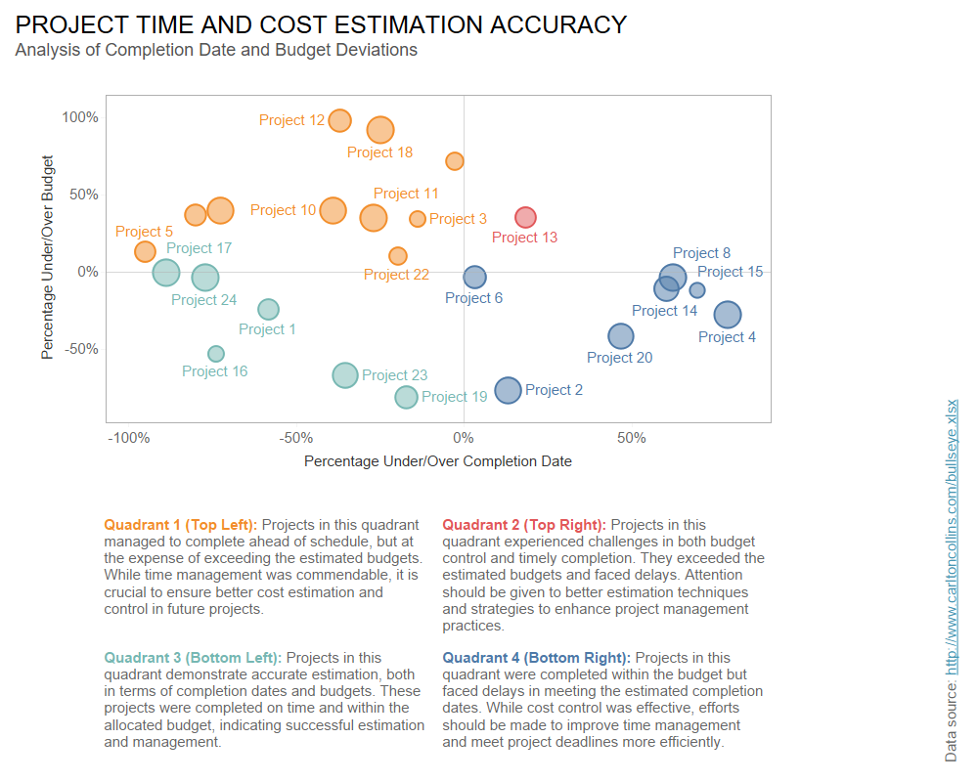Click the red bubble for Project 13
(526, 217)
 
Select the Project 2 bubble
(508, 391)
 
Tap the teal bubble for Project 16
(216, 354)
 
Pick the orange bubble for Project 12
(339, 120)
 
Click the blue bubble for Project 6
(474, 278)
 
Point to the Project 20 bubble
(621, 336)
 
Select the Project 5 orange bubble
(145, 251)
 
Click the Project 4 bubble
(727, 315)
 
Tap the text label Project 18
(379, 152)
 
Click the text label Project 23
(394, 375)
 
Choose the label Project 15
(730, 272)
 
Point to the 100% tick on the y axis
(80, 117)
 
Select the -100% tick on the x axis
(128, 438)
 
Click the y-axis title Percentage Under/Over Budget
(47, 257)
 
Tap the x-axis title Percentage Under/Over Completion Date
(437, 460)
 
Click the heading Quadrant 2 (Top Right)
(524, 525)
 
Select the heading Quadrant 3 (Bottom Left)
(193, 658)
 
